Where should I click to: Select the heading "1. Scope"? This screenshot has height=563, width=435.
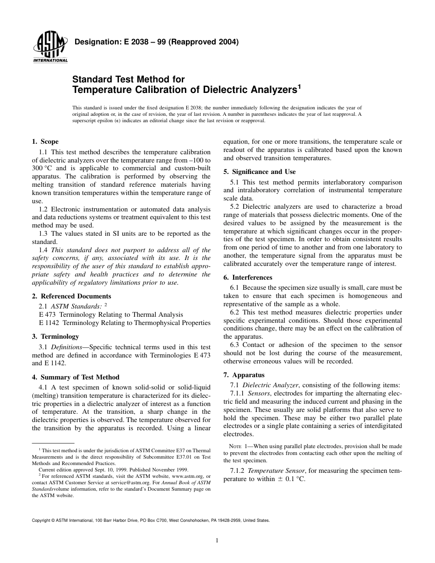pos(45,142)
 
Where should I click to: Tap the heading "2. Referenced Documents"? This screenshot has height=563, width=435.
pos(71,296)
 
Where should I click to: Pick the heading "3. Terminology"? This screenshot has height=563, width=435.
pos(55,336)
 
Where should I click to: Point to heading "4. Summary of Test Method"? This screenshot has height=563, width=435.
pos(76,377)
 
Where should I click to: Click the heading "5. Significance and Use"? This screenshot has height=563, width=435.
pos(259,172)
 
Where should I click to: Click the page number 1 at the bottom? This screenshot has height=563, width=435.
pos(217,540)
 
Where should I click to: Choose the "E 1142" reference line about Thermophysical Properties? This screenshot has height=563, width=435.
pos(125,323)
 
